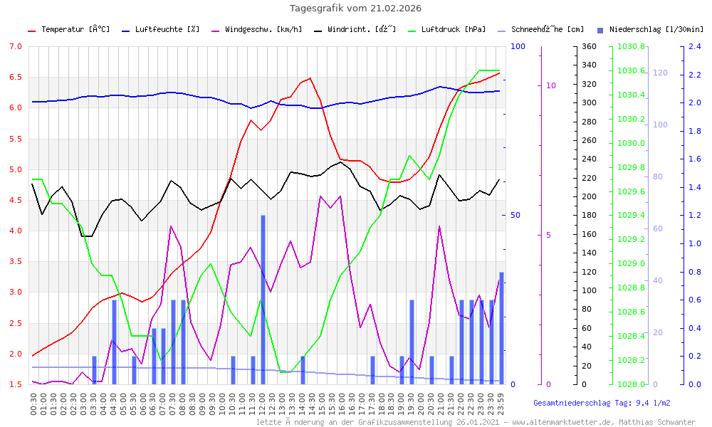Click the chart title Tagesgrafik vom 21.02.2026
[x=355, y=9]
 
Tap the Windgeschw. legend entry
[x=263, y=30]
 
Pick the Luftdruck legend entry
[x=453, y=30]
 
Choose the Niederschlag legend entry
[x=656, y=30]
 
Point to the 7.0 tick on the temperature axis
[x=15, y=46]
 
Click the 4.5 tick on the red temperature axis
[x=15, y=201]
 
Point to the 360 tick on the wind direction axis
[x=588, y=46]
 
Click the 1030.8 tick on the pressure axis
[x=632, y=46]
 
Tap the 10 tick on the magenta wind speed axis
[x=550, y=85]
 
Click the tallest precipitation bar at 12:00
[x=263, y=299]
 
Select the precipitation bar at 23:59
[x=501, y=327]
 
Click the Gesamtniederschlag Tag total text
[x=602, y=403]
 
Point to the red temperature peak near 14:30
[x=310, y=78]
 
